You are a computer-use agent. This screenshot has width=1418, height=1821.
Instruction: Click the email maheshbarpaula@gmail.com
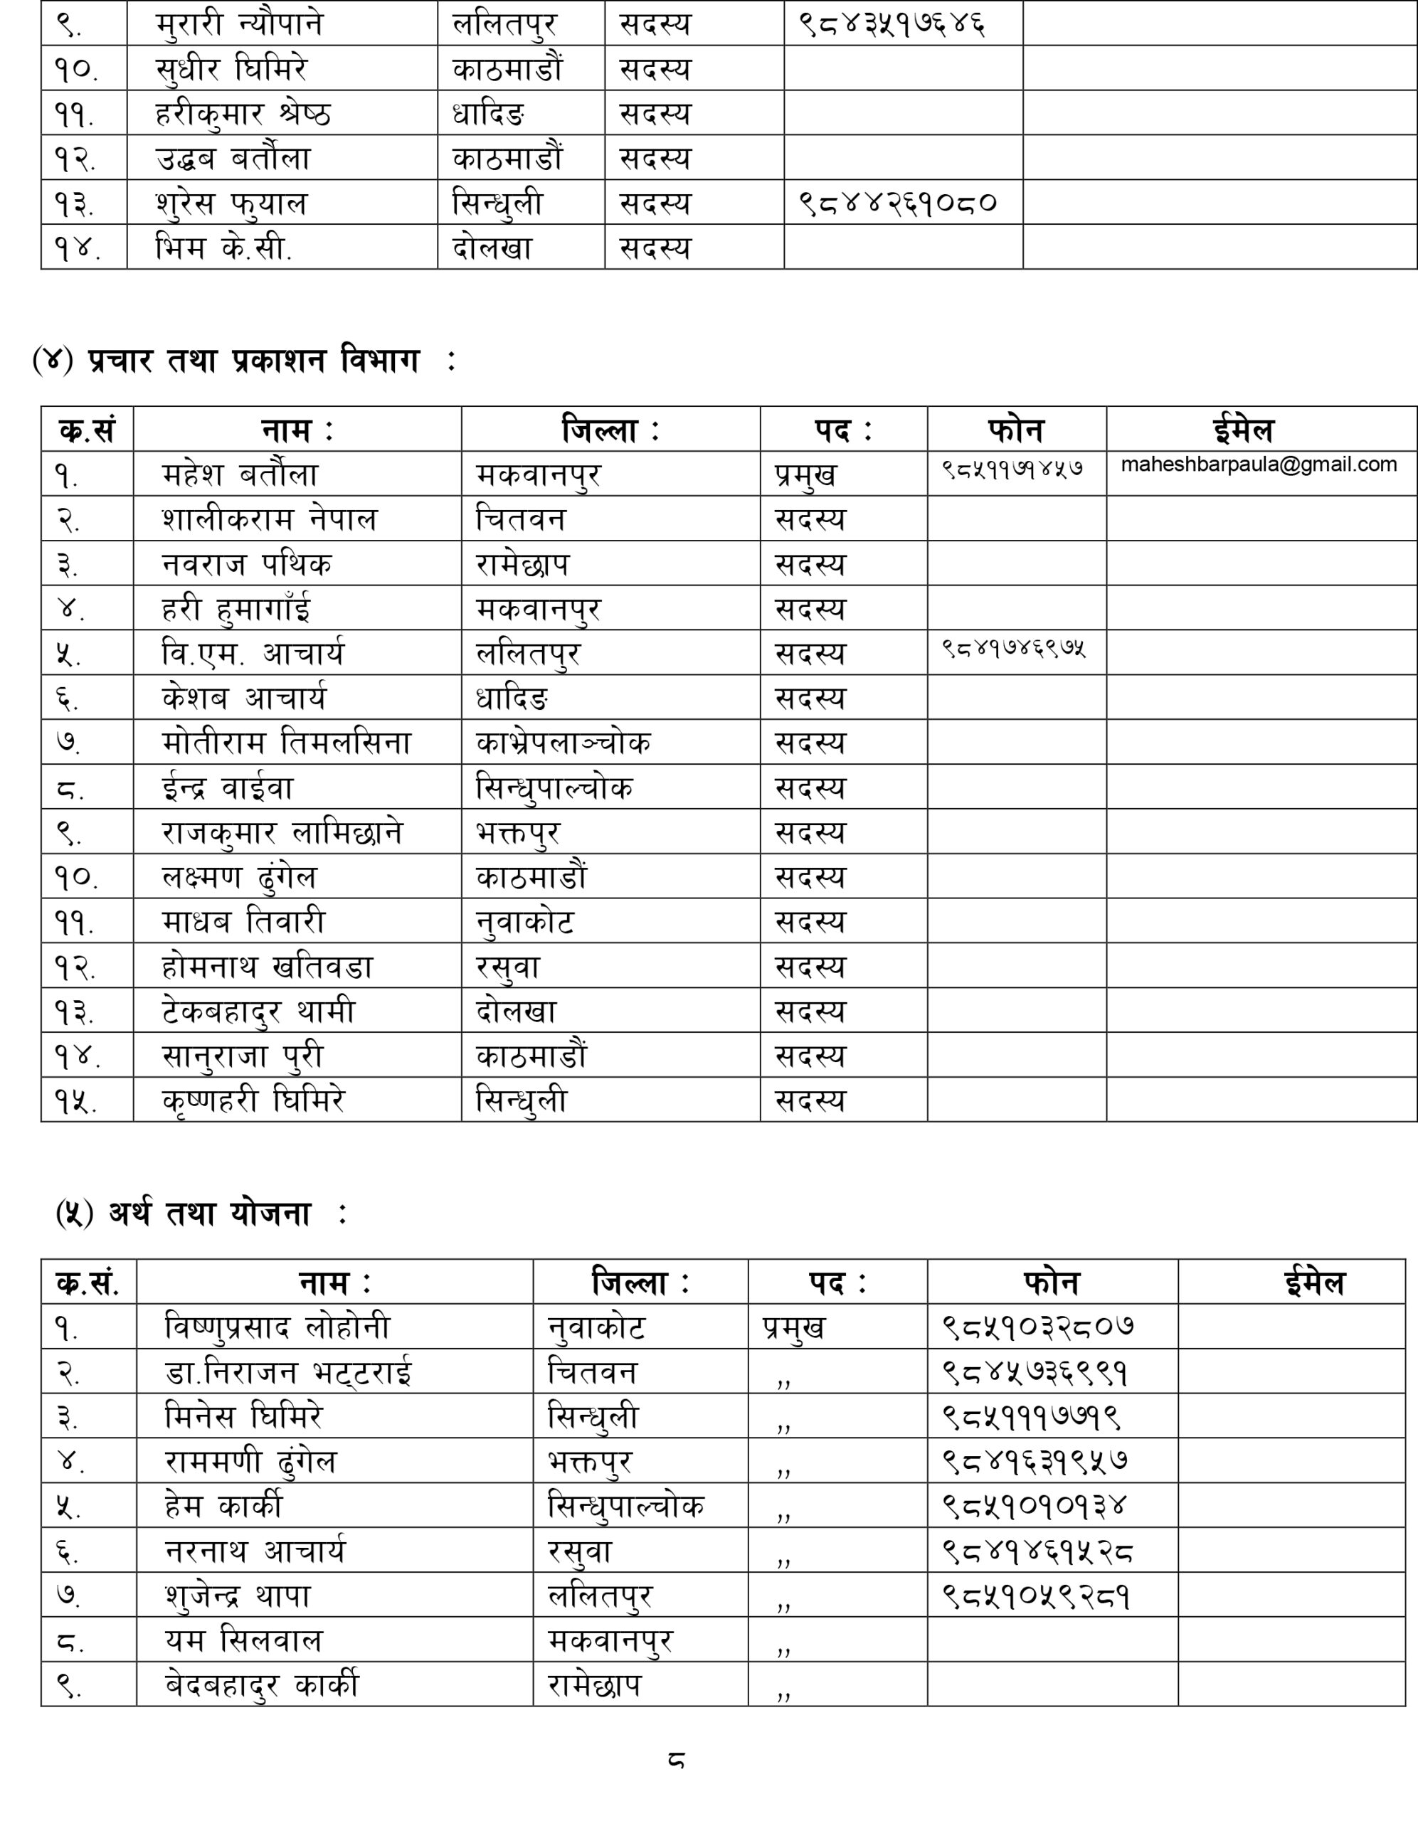[x=1259, y=464]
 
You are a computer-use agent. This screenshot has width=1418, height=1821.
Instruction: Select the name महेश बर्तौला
[x=240, y=474]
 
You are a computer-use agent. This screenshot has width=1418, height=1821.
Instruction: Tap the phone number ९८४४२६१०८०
[x=897, y=203]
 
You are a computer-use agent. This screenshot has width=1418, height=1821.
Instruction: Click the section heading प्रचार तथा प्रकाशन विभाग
[x=253, y=361]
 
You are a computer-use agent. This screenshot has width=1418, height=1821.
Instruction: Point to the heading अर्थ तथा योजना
[x=209, y=1214]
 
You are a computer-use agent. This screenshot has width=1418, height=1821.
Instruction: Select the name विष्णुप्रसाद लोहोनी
[x=277, y=1327]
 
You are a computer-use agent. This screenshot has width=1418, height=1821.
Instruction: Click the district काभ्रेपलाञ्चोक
[x=563, y=743]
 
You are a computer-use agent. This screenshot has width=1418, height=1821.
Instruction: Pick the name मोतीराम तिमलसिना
[x=286, y=743]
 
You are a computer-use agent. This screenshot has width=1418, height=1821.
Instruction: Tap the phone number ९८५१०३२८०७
[x=1037, y=1327]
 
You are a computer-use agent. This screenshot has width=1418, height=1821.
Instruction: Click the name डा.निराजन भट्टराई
[x=287, y=1371]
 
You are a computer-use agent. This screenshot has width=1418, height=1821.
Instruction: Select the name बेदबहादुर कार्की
[x=262, y=1685]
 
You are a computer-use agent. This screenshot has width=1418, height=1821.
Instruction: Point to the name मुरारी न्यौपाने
[x=238, y=24]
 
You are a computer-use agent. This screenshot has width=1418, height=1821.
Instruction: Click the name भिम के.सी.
[x=223, y=248]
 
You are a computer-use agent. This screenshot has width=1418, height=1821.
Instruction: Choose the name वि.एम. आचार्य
[x=252, y=654]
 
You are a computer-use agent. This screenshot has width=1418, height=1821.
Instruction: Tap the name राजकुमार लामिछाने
[x=282, y=832]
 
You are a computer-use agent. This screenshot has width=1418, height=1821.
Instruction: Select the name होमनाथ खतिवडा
[x=267, y=967]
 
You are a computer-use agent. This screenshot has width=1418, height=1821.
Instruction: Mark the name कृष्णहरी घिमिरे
[x=253, y=1100]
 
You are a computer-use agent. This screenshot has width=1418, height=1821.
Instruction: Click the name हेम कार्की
[x=223, y=1506]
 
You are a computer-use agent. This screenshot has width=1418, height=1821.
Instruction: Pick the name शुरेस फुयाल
[x=231, y=203]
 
